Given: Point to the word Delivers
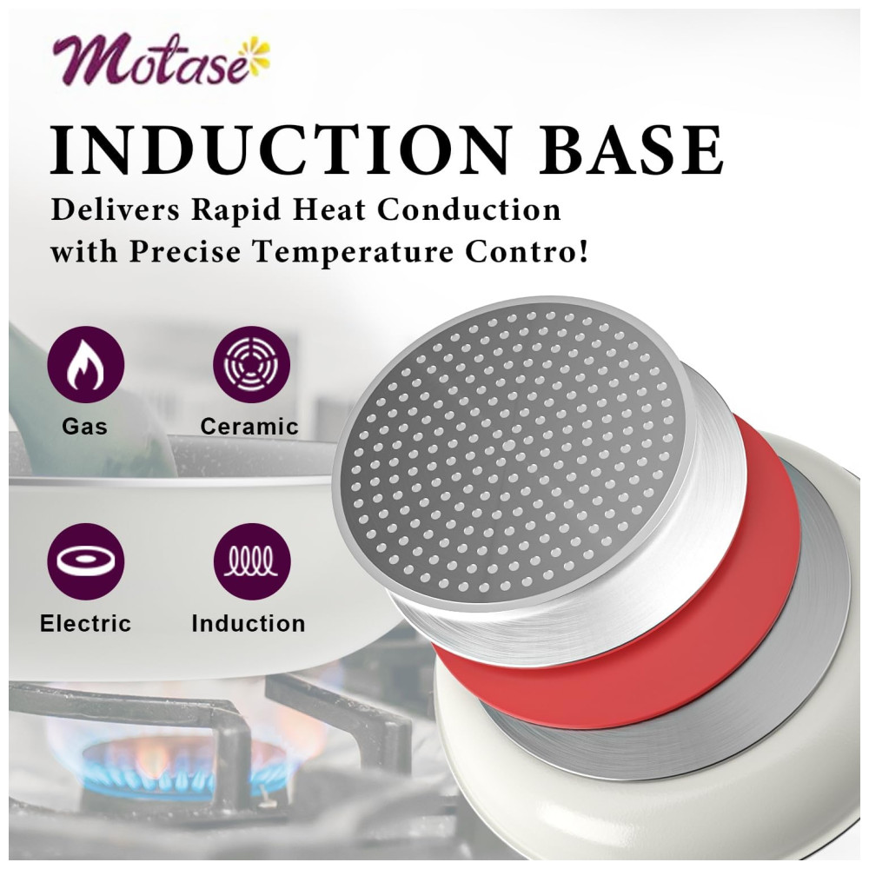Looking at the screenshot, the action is pos(116,210).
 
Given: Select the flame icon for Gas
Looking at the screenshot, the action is pos(85,364).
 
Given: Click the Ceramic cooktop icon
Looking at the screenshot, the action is pos(252,364).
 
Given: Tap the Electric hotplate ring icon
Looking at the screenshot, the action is pos(85,561).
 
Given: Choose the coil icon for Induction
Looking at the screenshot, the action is pos(252,561).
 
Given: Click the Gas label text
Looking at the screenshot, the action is pos(85,427).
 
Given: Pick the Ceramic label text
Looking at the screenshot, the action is pos(249,427).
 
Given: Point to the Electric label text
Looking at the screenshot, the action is pos(85,623).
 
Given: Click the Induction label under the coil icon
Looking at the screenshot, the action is pos(249,623).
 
